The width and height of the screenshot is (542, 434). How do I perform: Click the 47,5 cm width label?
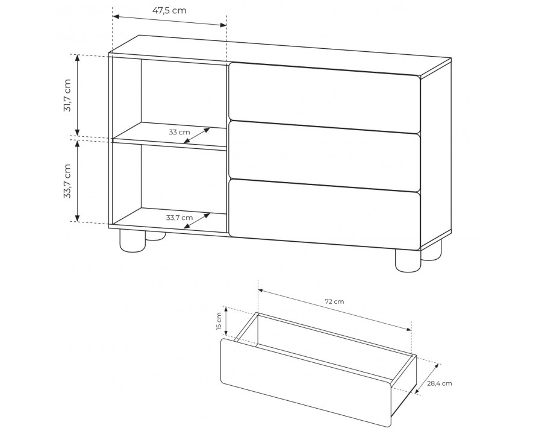pyautogui.click(x=169, y=10)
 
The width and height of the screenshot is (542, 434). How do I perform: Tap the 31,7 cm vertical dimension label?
pyautogui.click(x=67, y=95)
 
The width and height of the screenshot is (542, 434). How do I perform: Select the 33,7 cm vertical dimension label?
pyautogui.click(x=67, y=181)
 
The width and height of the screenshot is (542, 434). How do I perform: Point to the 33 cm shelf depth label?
pyautogui.click(x=179, y=132)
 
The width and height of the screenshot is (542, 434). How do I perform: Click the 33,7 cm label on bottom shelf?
pyautogui.click(x=179, y=218)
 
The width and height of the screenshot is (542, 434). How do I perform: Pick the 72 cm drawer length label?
pyautogui.click(x=335, y=301)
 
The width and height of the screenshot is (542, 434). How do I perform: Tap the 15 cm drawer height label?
pyautogui.click(x=219, y=321)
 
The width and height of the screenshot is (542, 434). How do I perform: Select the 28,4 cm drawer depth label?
pyautogui.click(x=440, y=383)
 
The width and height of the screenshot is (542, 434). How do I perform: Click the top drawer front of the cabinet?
pyautogui.click(x=324, y=98)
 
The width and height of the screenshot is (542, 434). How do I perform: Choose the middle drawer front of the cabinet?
pyautogui.click(x=324, y=156)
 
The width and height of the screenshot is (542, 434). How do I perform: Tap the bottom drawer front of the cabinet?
pyautogui.click(x=324, y=214)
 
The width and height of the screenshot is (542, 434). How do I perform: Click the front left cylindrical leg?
pyautogui.click(x=132, y=240)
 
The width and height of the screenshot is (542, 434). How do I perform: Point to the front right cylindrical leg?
pyautogui.click(x=408, y=260)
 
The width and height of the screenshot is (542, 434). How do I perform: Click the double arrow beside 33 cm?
pyautogui.click(x=197, y=135)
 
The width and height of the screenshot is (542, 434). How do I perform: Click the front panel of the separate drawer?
pyautogui.click(x=307, y=383)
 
